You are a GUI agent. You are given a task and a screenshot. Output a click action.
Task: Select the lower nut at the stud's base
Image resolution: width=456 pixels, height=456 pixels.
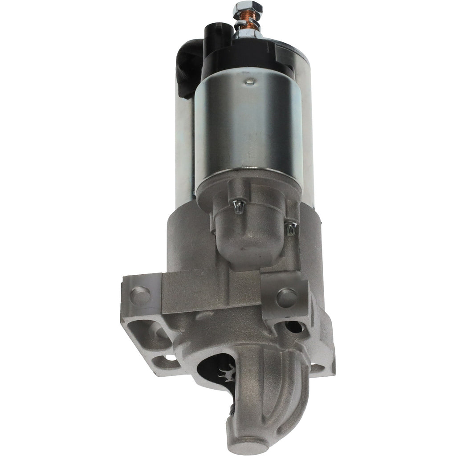(248, 32)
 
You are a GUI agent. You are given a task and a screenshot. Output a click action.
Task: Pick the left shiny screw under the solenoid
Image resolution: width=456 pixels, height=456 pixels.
(239, 206)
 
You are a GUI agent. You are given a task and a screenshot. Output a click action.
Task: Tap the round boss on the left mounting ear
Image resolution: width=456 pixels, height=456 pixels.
(141, 294)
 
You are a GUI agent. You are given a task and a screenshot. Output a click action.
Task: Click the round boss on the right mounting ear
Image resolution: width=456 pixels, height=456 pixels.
(286, 297)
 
